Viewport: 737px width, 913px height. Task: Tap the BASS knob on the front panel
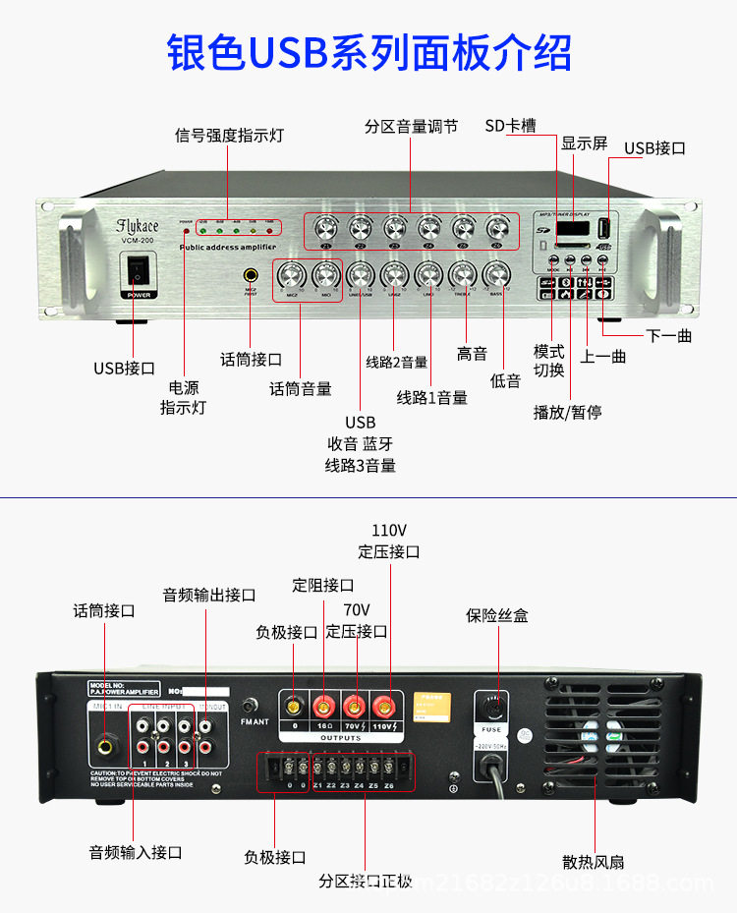point(496,274)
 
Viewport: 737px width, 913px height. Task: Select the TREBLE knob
point(462,274)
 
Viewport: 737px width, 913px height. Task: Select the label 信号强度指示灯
point(228,136)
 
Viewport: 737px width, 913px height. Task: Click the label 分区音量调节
point(411,127)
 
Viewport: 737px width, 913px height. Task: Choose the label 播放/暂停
point(567,412)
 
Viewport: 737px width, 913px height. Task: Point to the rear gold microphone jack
point(105,747)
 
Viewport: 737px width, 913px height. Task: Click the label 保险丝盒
point(496,615)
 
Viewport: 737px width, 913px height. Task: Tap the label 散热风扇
point(593,862)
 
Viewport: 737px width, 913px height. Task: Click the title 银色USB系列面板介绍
point(368,51)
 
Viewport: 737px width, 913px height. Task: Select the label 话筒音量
point(301,389)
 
